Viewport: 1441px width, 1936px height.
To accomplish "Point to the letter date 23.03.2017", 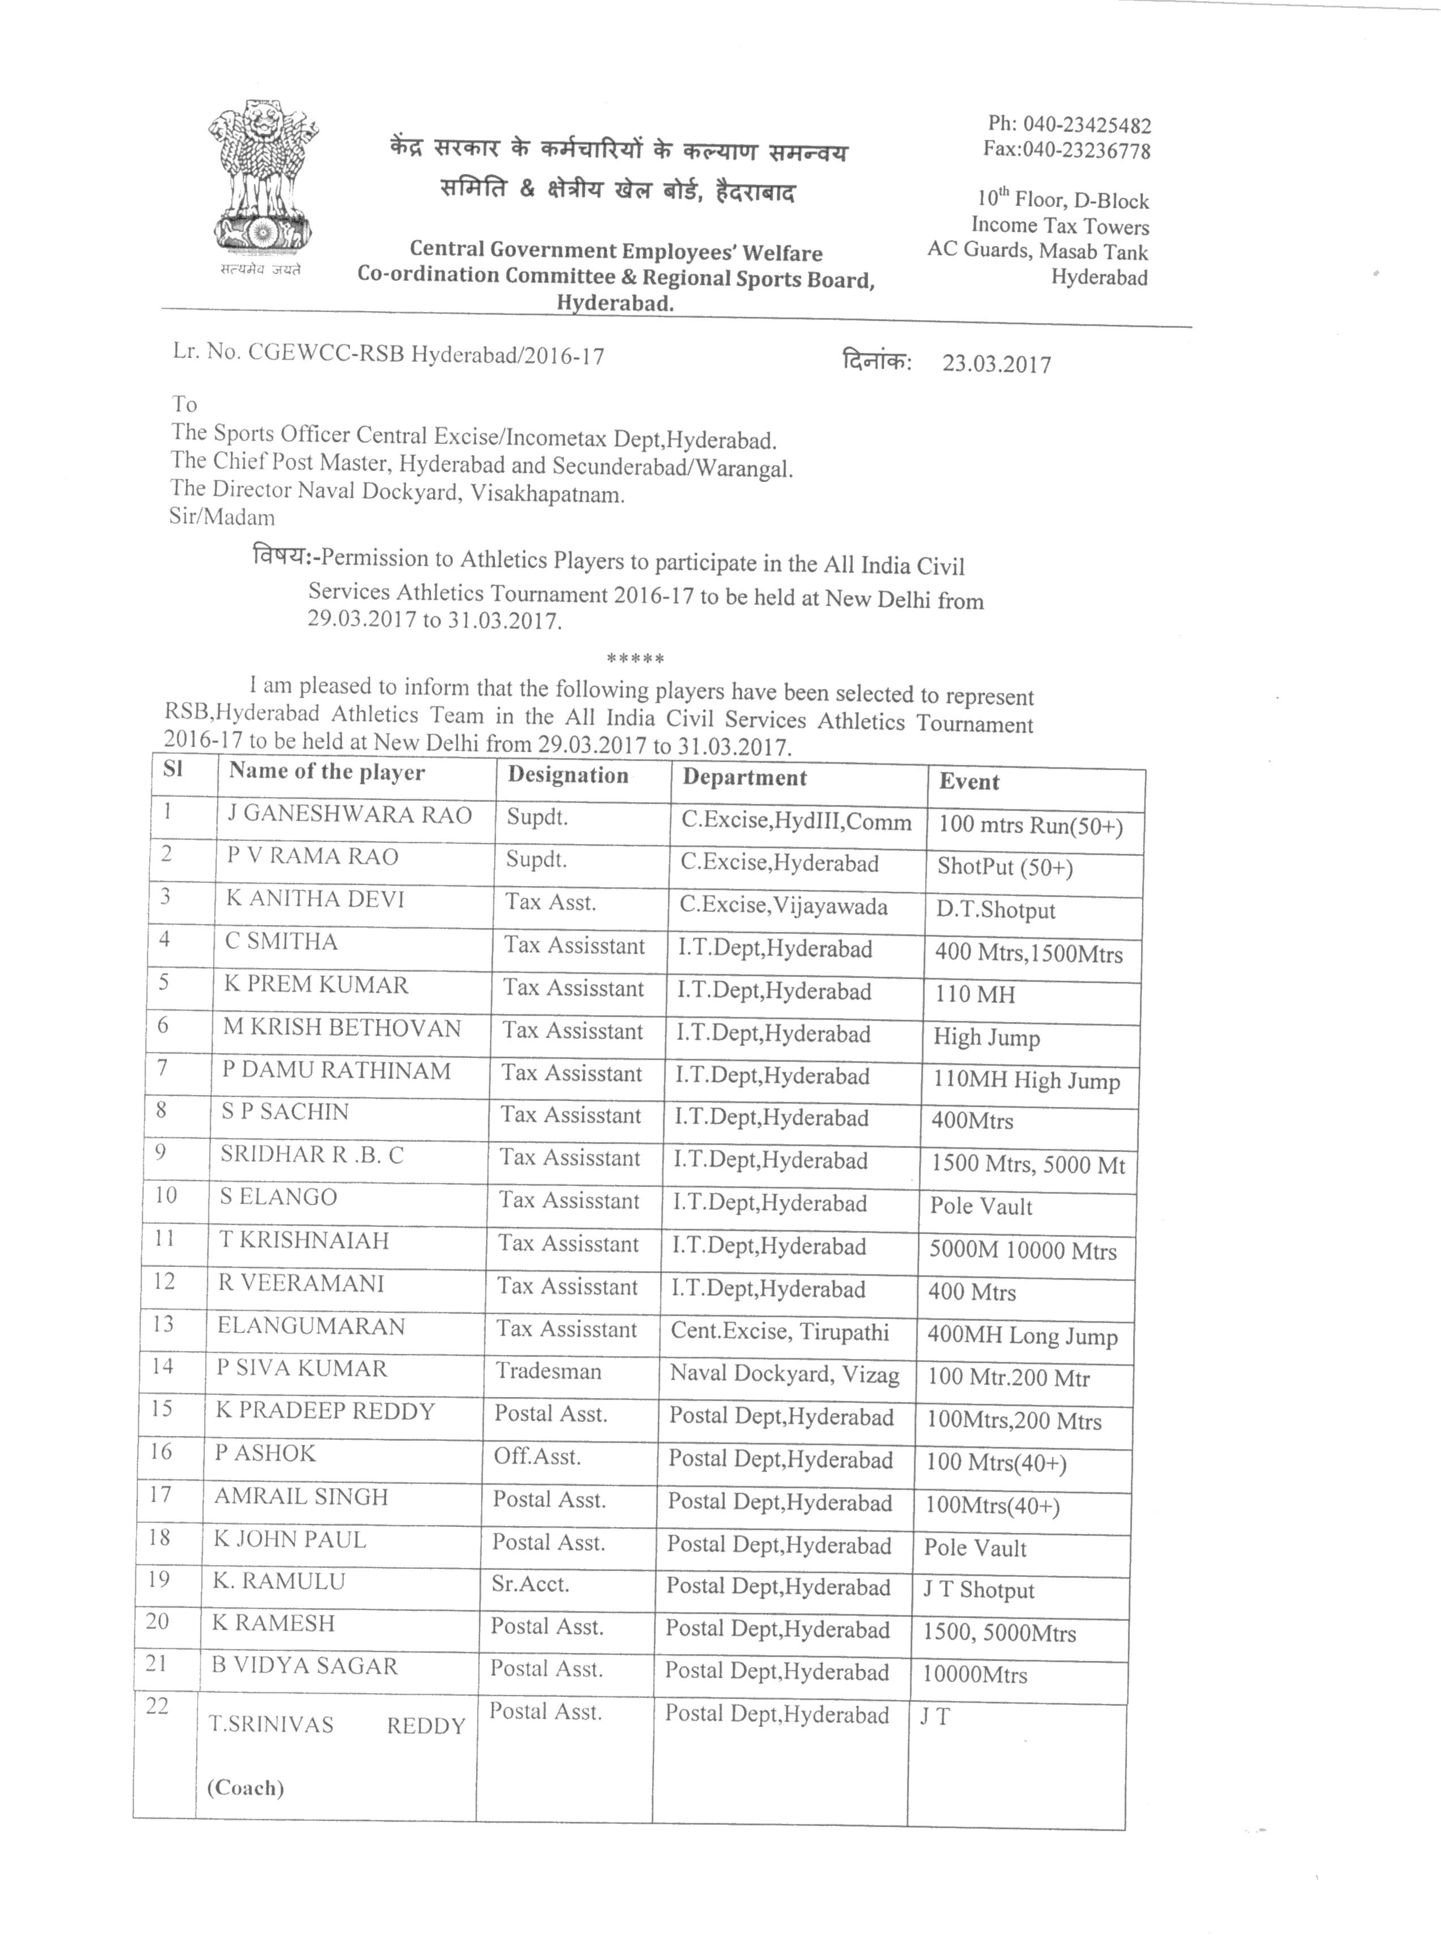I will [996, 364].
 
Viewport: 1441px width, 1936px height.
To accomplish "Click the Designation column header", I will [568, 775].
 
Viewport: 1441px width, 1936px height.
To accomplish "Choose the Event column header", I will [969, 782].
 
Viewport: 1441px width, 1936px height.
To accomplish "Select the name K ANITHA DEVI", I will [315, 899].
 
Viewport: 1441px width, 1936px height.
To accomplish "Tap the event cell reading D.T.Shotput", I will [995, 910].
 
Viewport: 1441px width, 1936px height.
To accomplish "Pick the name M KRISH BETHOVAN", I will [341, 1028].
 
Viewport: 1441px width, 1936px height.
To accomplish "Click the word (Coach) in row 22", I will [246, 1787].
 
